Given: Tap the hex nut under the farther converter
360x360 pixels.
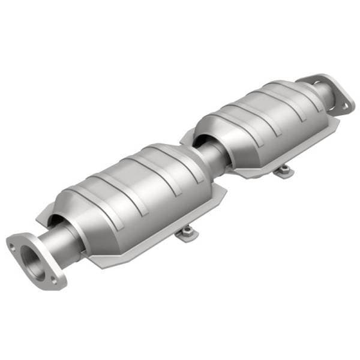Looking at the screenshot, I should coord(281,170).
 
